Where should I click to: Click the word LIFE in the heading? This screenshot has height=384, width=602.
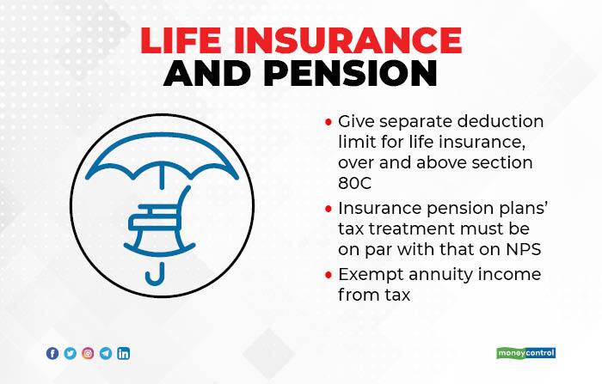tap(181, 40)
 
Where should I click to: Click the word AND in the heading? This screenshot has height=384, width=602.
tap(208, 73)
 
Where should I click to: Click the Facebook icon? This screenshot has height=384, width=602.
tap(52, 353)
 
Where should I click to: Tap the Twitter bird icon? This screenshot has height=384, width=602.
tap(71, 353)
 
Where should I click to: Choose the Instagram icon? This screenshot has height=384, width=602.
tap(88, 353)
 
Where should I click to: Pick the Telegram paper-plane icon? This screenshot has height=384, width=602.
tap(106, 353)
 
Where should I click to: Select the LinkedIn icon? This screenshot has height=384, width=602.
tap(123, 353)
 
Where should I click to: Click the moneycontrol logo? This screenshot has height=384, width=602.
tap(525, 353)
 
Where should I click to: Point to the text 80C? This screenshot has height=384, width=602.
tap(354, 183)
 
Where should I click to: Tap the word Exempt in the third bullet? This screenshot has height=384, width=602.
tap(371, 275)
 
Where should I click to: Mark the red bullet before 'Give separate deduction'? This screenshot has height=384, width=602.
tap(329, 122)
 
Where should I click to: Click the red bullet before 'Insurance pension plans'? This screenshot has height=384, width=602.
tap(329, 209)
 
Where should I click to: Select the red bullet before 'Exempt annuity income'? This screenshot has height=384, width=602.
tap(329, 275)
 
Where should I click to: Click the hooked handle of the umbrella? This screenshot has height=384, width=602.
tap(155, 275)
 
